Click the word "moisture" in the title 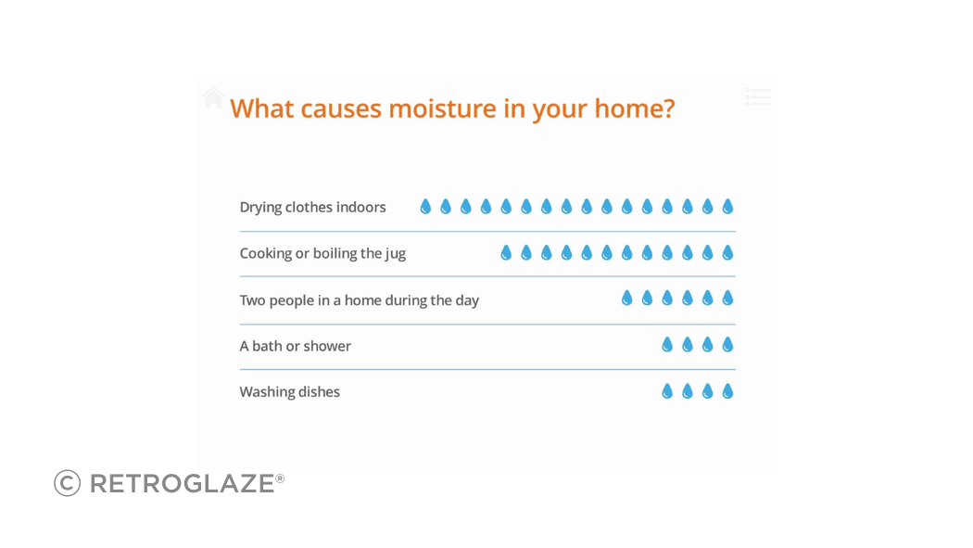pos(442,108)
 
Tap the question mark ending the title pos(668,108)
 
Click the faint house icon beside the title pos(213,97)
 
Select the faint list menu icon pos(758,96)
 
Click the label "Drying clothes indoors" pos(313,208)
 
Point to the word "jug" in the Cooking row pos(396,254)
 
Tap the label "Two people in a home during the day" pos(360,300)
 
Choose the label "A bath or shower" pos(296,346)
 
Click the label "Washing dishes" pos(290,392)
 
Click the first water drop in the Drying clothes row pos(425,207)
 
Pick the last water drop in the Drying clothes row pos(727,207)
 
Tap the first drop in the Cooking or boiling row pos(506,252)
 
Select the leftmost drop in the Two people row pos(627,299)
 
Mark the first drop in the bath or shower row pos(668,344)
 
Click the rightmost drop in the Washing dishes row pos(727,391)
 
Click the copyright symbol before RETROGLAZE pos(67,483)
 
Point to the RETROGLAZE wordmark pos(183,483)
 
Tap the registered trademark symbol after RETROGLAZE pos(280,478)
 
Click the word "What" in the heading pos(261,108)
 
